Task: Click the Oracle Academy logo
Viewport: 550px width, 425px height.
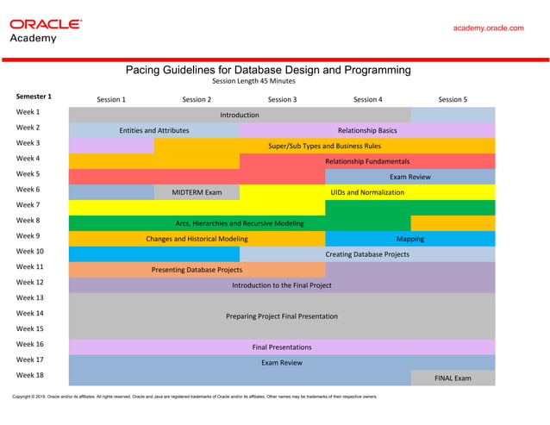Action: pos(45,30)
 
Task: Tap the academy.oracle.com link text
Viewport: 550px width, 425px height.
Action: pos(488,28)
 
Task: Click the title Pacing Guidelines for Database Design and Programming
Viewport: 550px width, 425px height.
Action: pos(268,70)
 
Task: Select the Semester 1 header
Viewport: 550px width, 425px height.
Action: pos(34,97)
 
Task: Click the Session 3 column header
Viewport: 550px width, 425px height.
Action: pos(282,99)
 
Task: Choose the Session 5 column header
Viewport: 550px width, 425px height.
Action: pos(453,99)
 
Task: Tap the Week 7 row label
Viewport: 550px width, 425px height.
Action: pos(28,204)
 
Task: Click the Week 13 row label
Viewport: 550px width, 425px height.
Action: pos(29,297)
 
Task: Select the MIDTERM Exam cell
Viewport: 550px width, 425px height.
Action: pos(197,192)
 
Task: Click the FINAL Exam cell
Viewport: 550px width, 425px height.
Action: pos(453,378)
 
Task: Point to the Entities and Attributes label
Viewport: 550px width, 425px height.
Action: pos(154,130)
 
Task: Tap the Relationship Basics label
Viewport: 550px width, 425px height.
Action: pos(367,130)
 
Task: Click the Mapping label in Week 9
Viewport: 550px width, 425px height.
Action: pos(409,239)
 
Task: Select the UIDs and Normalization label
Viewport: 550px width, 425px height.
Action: pos(367,192)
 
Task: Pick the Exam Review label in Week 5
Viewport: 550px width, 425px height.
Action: pos(410,177)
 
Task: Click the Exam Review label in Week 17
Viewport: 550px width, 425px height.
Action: pos(282,363)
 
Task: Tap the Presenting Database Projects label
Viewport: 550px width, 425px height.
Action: pos(197,270)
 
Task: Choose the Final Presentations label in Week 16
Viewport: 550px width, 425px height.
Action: pos(282,347)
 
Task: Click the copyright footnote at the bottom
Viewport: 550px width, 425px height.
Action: pos(194,397)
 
